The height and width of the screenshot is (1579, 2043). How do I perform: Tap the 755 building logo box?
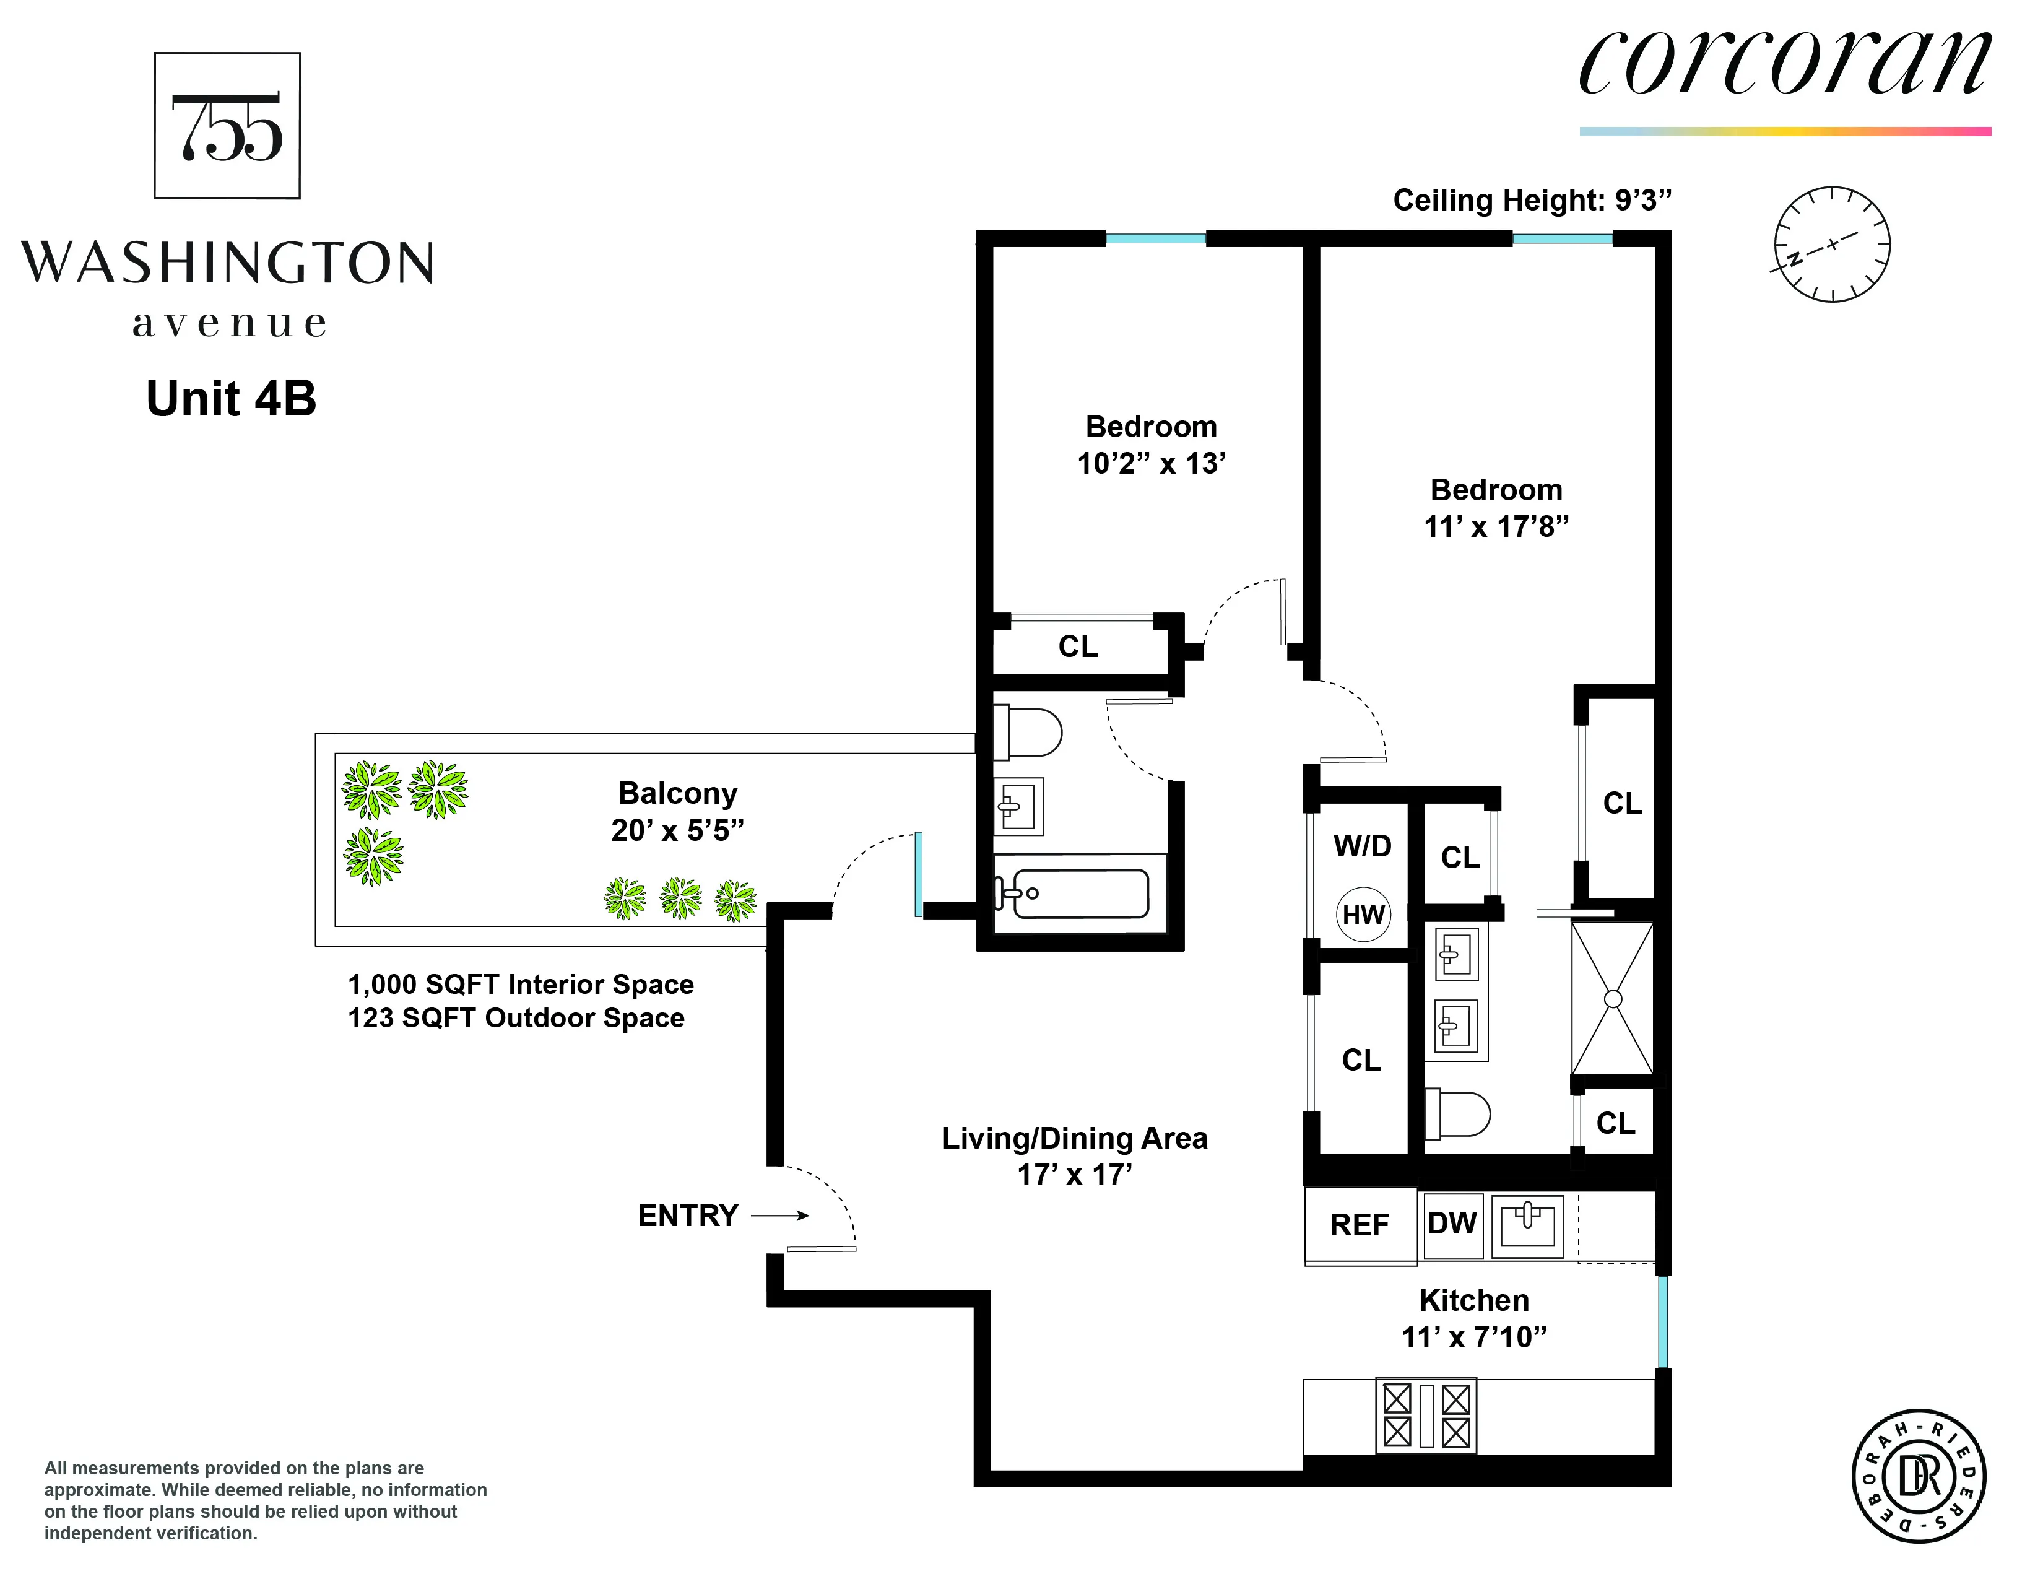click(x=227, y=125)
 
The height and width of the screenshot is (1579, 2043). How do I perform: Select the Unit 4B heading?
click(x=231, y=399)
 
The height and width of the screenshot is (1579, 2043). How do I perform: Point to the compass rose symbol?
click(x=1832, y=244)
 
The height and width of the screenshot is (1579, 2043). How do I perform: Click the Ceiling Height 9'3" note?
click(x=1531, y=200)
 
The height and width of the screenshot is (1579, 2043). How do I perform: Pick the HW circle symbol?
click(x=1363, y=914)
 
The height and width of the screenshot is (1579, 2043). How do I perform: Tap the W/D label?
click(x=1362, y=846)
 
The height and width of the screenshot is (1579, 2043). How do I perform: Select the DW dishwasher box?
click(x=1452, y=1222)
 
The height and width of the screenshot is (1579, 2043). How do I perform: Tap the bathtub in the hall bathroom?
click(x=1076, y=894)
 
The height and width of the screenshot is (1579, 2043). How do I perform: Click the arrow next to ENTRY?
click(x=780, y=1215)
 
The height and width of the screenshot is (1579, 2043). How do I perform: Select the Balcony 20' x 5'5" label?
click(x=677, y=811)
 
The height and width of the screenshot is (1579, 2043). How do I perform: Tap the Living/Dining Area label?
click(x=1075, y=1155)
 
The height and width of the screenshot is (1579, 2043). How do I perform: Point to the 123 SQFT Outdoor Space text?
click(x=516, y=1018)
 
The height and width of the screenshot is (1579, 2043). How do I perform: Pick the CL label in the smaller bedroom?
click(x=1078, y=646)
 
